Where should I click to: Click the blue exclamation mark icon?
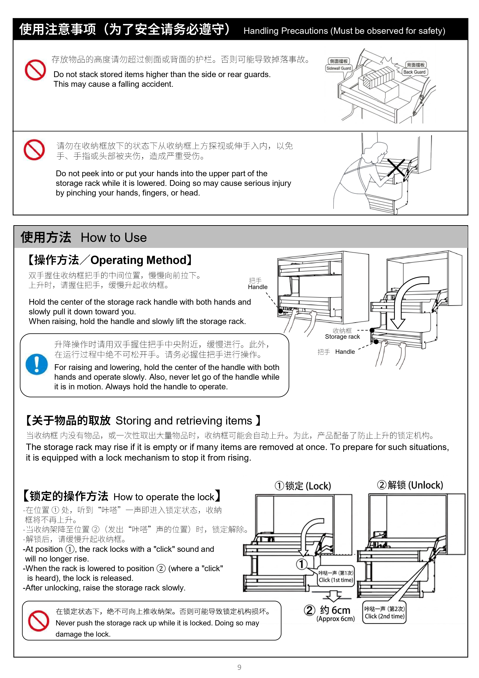click(37, 364)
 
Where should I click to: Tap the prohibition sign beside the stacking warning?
click(35, 70)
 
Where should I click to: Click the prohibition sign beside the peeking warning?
click(34, 150)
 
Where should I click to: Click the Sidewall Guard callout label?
click(339, 65)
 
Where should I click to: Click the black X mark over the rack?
click(396, 168)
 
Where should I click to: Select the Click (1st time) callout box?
click(336, 576)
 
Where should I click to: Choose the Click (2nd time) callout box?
click(385, 612)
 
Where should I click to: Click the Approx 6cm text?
click(335, 619)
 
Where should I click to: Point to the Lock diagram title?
click(303, 486)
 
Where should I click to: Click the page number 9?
click(239, 667)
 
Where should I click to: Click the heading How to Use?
click(114, 238)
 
